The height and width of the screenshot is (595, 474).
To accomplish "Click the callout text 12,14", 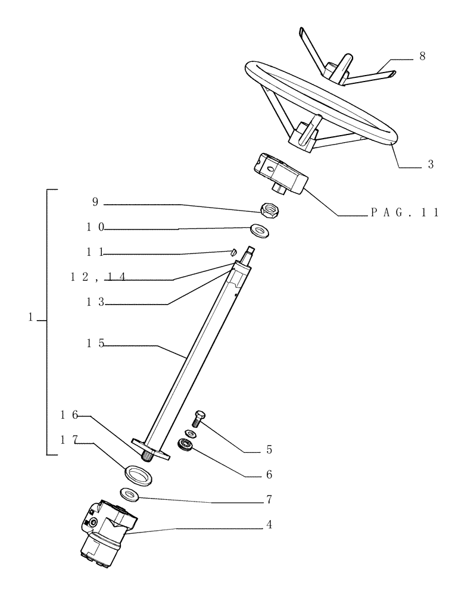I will tap(96, 276).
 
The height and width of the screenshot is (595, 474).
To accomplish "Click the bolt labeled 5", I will tap(200, 417).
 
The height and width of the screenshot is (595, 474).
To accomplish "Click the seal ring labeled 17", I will tap(137, 475).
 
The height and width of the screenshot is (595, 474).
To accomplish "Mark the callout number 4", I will tap(269, 527).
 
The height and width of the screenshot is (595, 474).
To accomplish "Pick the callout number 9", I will tap(94, 202).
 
